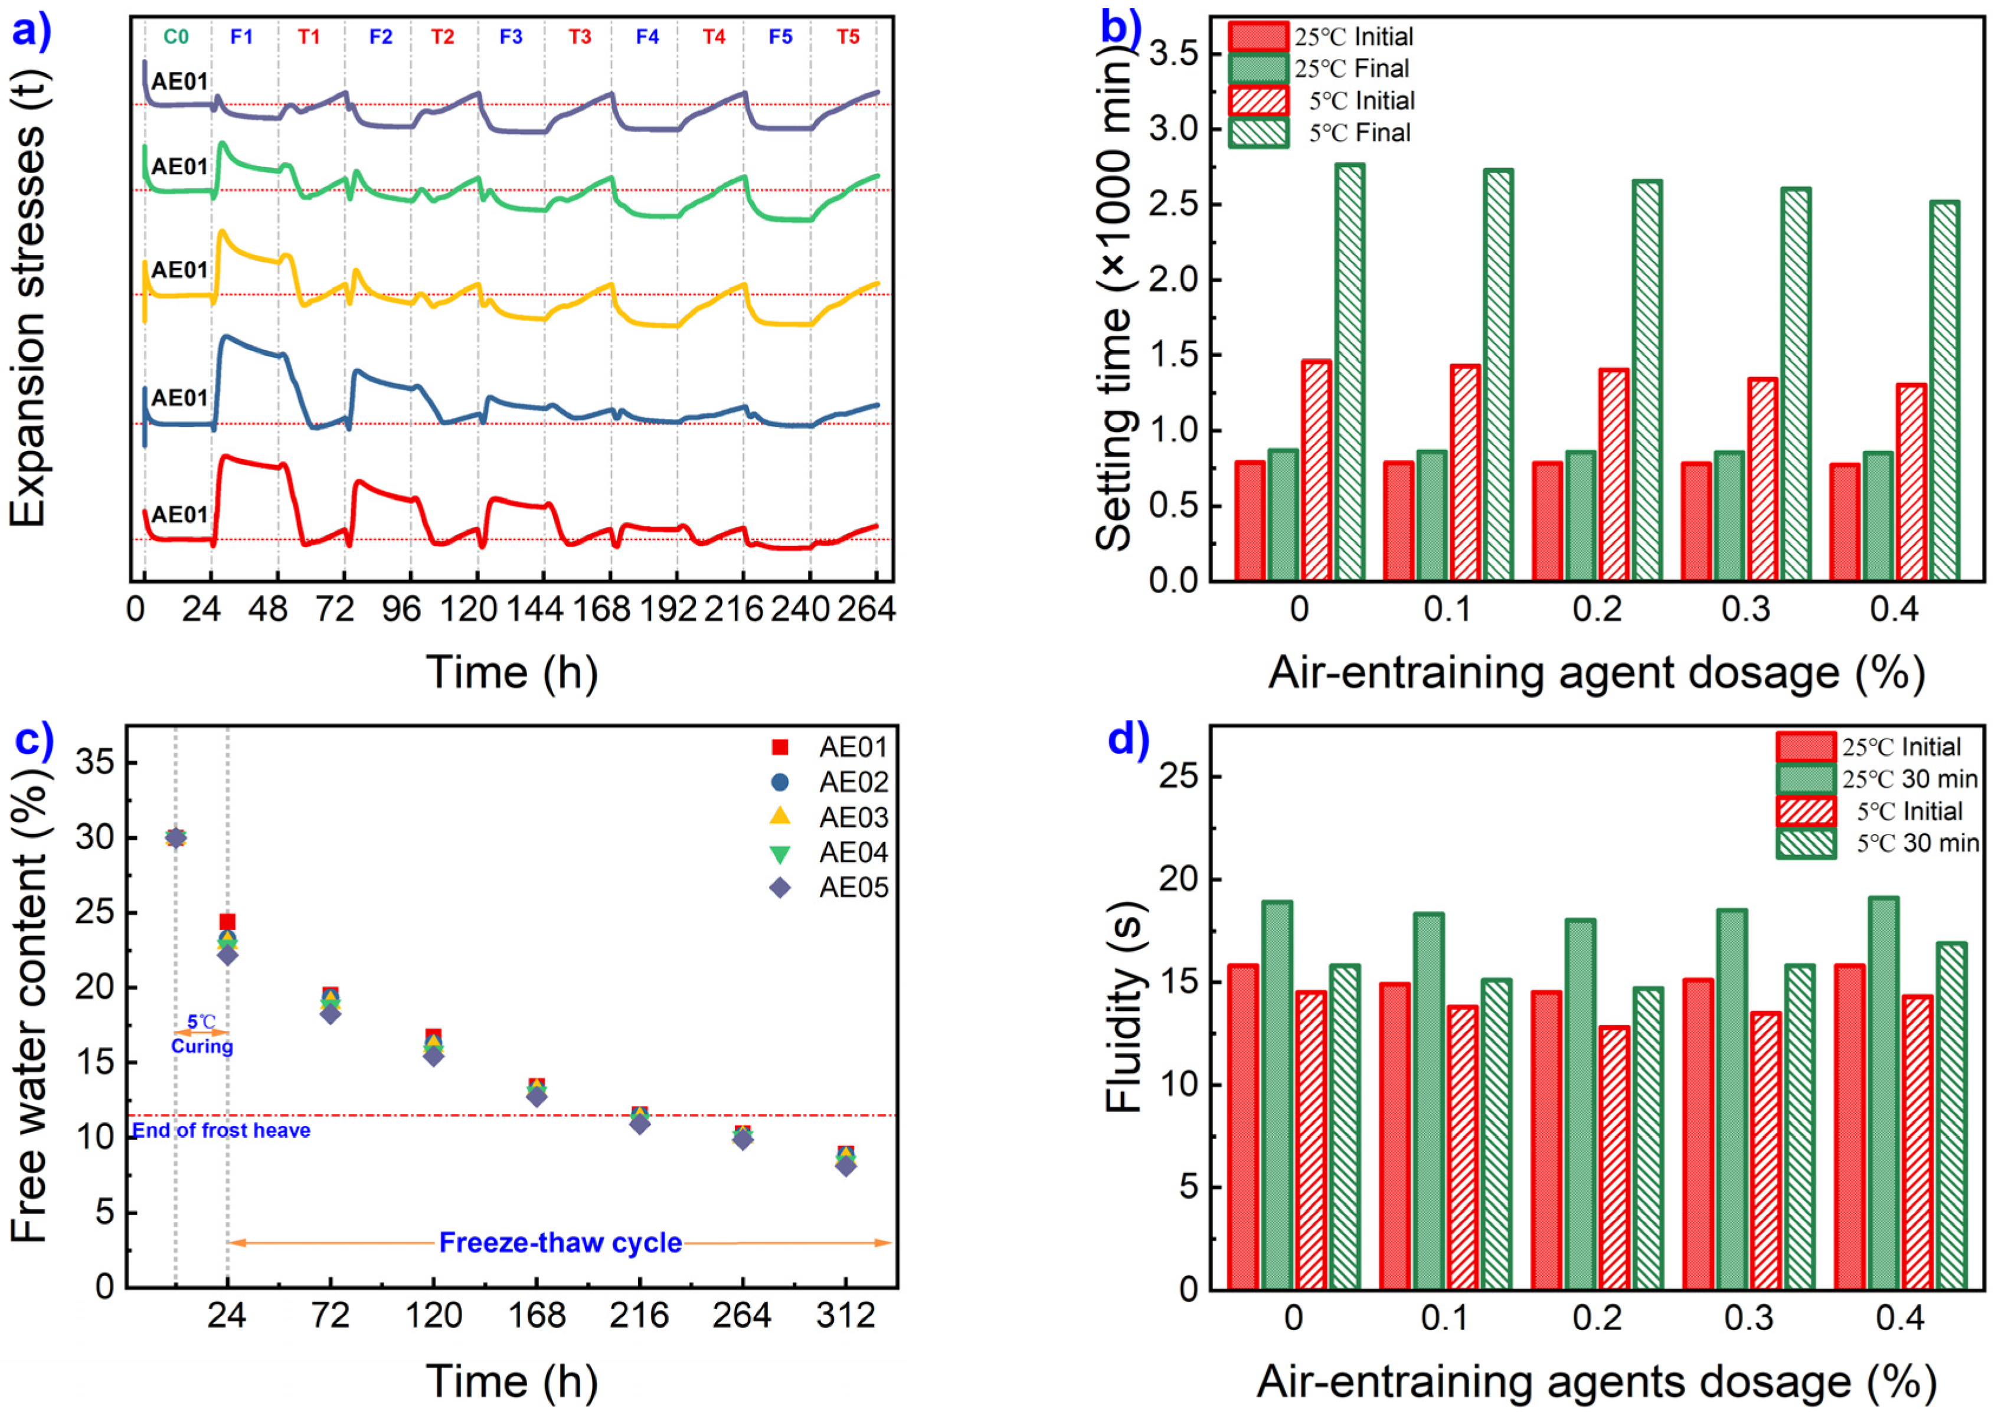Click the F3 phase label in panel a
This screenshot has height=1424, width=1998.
tap(511, 37)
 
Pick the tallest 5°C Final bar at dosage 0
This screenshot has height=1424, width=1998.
tap(1350, 372)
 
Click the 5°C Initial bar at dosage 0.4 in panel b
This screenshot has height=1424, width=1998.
tap(1911, 482)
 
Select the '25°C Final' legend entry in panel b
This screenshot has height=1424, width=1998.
tap(1350, 68)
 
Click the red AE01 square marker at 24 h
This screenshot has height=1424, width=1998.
tap(227, 922)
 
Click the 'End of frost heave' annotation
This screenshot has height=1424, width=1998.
tap(221, 1130)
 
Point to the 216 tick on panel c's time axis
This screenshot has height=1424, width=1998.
tap(639, 1315)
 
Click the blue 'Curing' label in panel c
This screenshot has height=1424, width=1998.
tap(202, 1046)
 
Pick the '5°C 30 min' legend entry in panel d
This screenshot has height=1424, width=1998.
tap(1917, 843)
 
